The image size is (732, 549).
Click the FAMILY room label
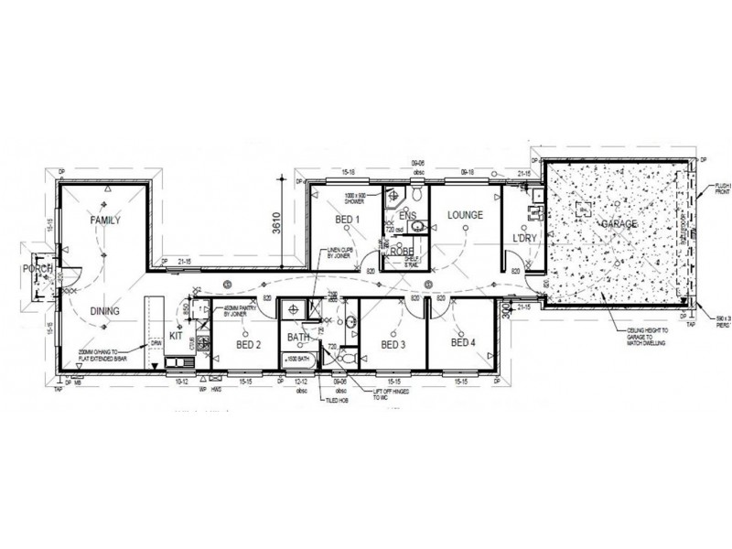[x=106, y=221]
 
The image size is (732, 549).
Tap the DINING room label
[x=106, y=312]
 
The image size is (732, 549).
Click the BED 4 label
[x=464, y=343]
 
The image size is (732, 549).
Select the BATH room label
[x=299, y=339]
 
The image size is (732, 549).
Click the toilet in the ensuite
[x=415, y=194]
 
